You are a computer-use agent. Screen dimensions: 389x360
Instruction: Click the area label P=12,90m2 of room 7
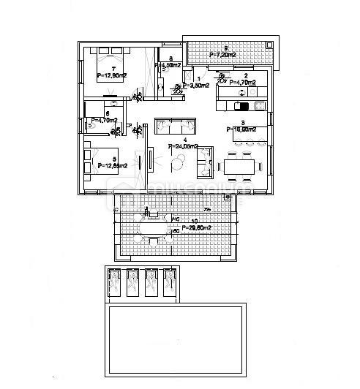point(112,75)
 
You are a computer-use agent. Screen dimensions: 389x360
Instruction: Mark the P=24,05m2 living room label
point(184,146)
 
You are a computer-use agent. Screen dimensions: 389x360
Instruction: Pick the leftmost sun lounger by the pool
point(115,283)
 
